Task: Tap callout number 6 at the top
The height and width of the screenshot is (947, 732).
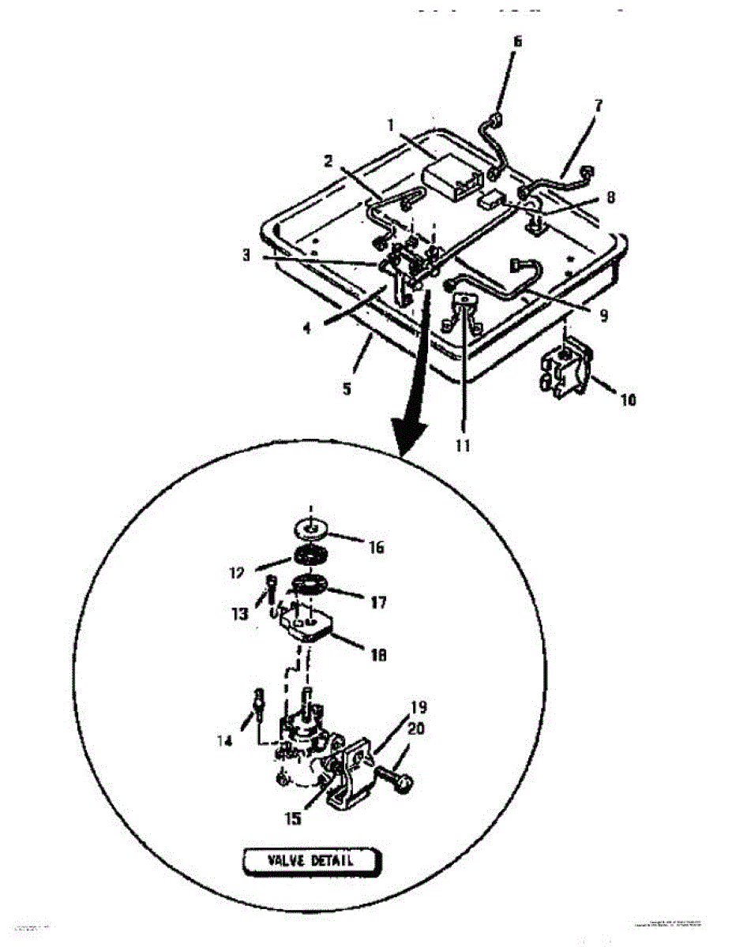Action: pyautogui.click(x=517, y=41)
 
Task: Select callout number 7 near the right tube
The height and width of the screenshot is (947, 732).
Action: pyautogui.click(x=599, y=104)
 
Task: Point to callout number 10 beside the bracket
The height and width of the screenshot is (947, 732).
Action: pyautogui.click(x=628, y=399)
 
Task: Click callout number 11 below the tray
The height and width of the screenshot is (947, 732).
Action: pyautogui.click(x=463, y=446)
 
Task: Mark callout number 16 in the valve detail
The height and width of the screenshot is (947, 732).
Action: pyautogui.click(x=377, y=546)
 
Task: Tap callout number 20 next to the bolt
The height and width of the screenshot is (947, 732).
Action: pyautogui.click(x=415, y=730)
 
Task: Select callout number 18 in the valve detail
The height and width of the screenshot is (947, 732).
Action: pyautogui.click(x=379, y=654)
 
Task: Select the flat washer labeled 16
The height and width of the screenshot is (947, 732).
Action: pyautogui.click(x=313, y=528)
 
